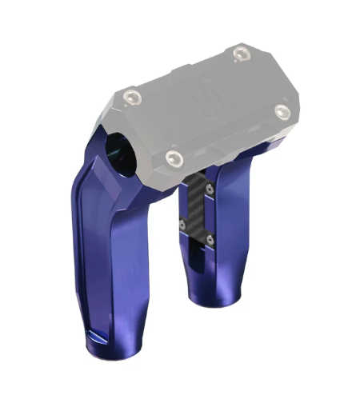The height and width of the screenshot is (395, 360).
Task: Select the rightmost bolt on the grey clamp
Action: tap(281, 111)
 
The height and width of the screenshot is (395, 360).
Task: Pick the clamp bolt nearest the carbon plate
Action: tap(172, 157)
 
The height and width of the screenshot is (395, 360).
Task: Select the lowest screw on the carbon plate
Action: tap(209, 237)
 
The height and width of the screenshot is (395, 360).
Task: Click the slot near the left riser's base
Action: tap(100, 334)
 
